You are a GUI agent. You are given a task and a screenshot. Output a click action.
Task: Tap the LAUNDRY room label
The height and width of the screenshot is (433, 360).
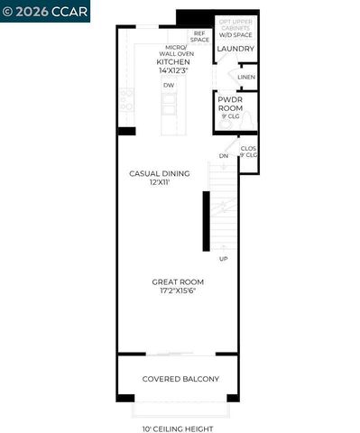[x=236, y=49]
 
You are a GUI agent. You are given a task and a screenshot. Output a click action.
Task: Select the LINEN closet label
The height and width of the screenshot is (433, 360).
[x=245, y=78]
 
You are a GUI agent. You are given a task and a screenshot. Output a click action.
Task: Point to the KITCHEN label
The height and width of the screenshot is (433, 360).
[x=173, y=61]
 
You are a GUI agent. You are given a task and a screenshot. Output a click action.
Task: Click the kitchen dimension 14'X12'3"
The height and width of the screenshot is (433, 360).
[x=173, y=69]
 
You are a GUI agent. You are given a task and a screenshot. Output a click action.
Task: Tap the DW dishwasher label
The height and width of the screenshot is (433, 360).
[x=169, y=86]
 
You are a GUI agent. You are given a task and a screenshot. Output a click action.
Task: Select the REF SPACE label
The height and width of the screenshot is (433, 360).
[x=199, y=36]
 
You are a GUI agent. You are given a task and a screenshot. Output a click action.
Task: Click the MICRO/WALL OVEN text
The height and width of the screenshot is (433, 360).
[x=173, y=50]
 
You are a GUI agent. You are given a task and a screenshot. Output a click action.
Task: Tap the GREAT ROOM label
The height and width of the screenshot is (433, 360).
[x=177, y=282]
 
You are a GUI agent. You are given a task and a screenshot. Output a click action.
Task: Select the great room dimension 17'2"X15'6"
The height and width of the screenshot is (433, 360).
[x=177, y=291]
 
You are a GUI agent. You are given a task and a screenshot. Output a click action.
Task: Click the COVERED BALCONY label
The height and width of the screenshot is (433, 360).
[x=180, y=379]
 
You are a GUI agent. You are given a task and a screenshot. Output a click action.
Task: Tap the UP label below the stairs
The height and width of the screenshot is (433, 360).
[x=222, y=259]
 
